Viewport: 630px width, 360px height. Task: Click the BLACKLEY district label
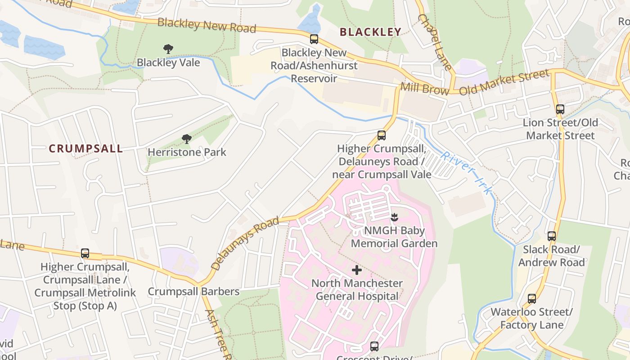[x=370, y=32]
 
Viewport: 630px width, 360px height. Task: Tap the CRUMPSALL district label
[x=85, y=149]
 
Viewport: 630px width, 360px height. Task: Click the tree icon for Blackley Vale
[x=168, y=49]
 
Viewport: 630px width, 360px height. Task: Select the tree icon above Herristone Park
[x=187, y=139]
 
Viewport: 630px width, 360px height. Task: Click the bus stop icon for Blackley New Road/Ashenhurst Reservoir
[x=314, y=39]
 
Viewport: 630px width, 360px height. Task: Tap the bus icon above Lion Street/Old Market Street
[x=560, y=109]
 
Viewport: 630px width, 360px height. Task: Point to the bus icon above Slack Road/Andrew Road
[x=552, y=236]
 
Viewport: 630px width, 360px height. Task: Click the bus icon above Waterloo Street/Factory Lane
[x=532, y=299]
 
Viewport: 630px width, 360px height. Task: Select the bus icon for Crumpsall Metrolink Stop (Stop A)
[x=85, y=253]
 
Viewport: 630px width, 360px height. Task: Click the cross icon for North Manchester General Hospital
[x=357, y=270]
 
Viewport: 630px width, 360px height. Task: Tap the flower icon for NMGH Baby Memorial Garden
[x=394, y=218]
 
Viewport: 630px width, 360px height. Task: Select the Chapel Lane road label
[x=435, y=41]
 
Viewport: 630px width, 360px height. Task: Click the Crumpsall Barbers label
[x=193, y=292]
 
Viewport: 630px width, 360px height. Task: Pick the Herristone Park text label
[x=187, y=152]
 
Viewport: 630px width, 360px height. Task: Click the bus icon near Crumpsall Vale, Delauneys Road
[x=381, y=135]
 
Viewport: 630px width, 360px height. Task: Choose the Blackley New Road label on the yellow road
[x=207, y=25]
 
